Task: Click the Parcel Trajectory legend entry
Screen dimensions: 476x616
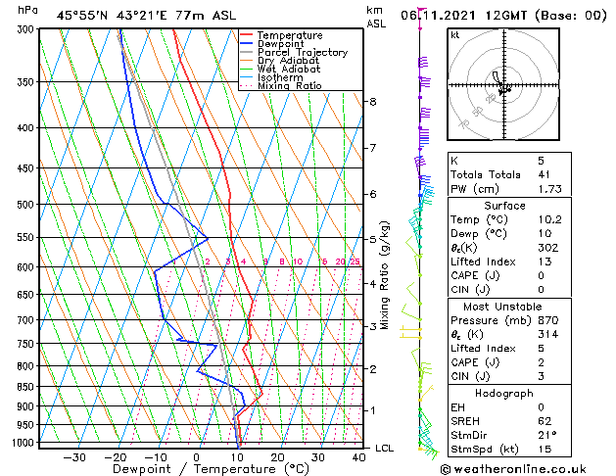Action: (x=302, y=52)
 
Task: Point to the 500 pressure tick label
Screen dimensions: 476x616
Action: (x=25, y=205)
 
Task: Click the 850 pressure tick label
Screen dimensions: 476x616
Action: (x=25, y=387)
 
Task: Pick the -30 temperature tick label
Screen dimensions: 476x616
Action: (x=74, y=456)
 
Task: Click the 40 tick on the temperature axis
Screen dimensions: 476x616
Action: (x=357, y=456)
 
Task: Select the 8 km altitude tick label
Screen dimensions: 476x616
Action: (x=372, y=102)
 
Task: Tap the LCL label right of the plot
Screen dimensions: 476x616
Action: (x=385, y=448)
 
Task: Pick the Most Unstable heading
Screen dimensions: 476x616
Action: (x=503, y=307)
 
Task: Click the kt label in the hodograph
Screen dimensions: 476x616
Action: (x=454, y=34)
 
